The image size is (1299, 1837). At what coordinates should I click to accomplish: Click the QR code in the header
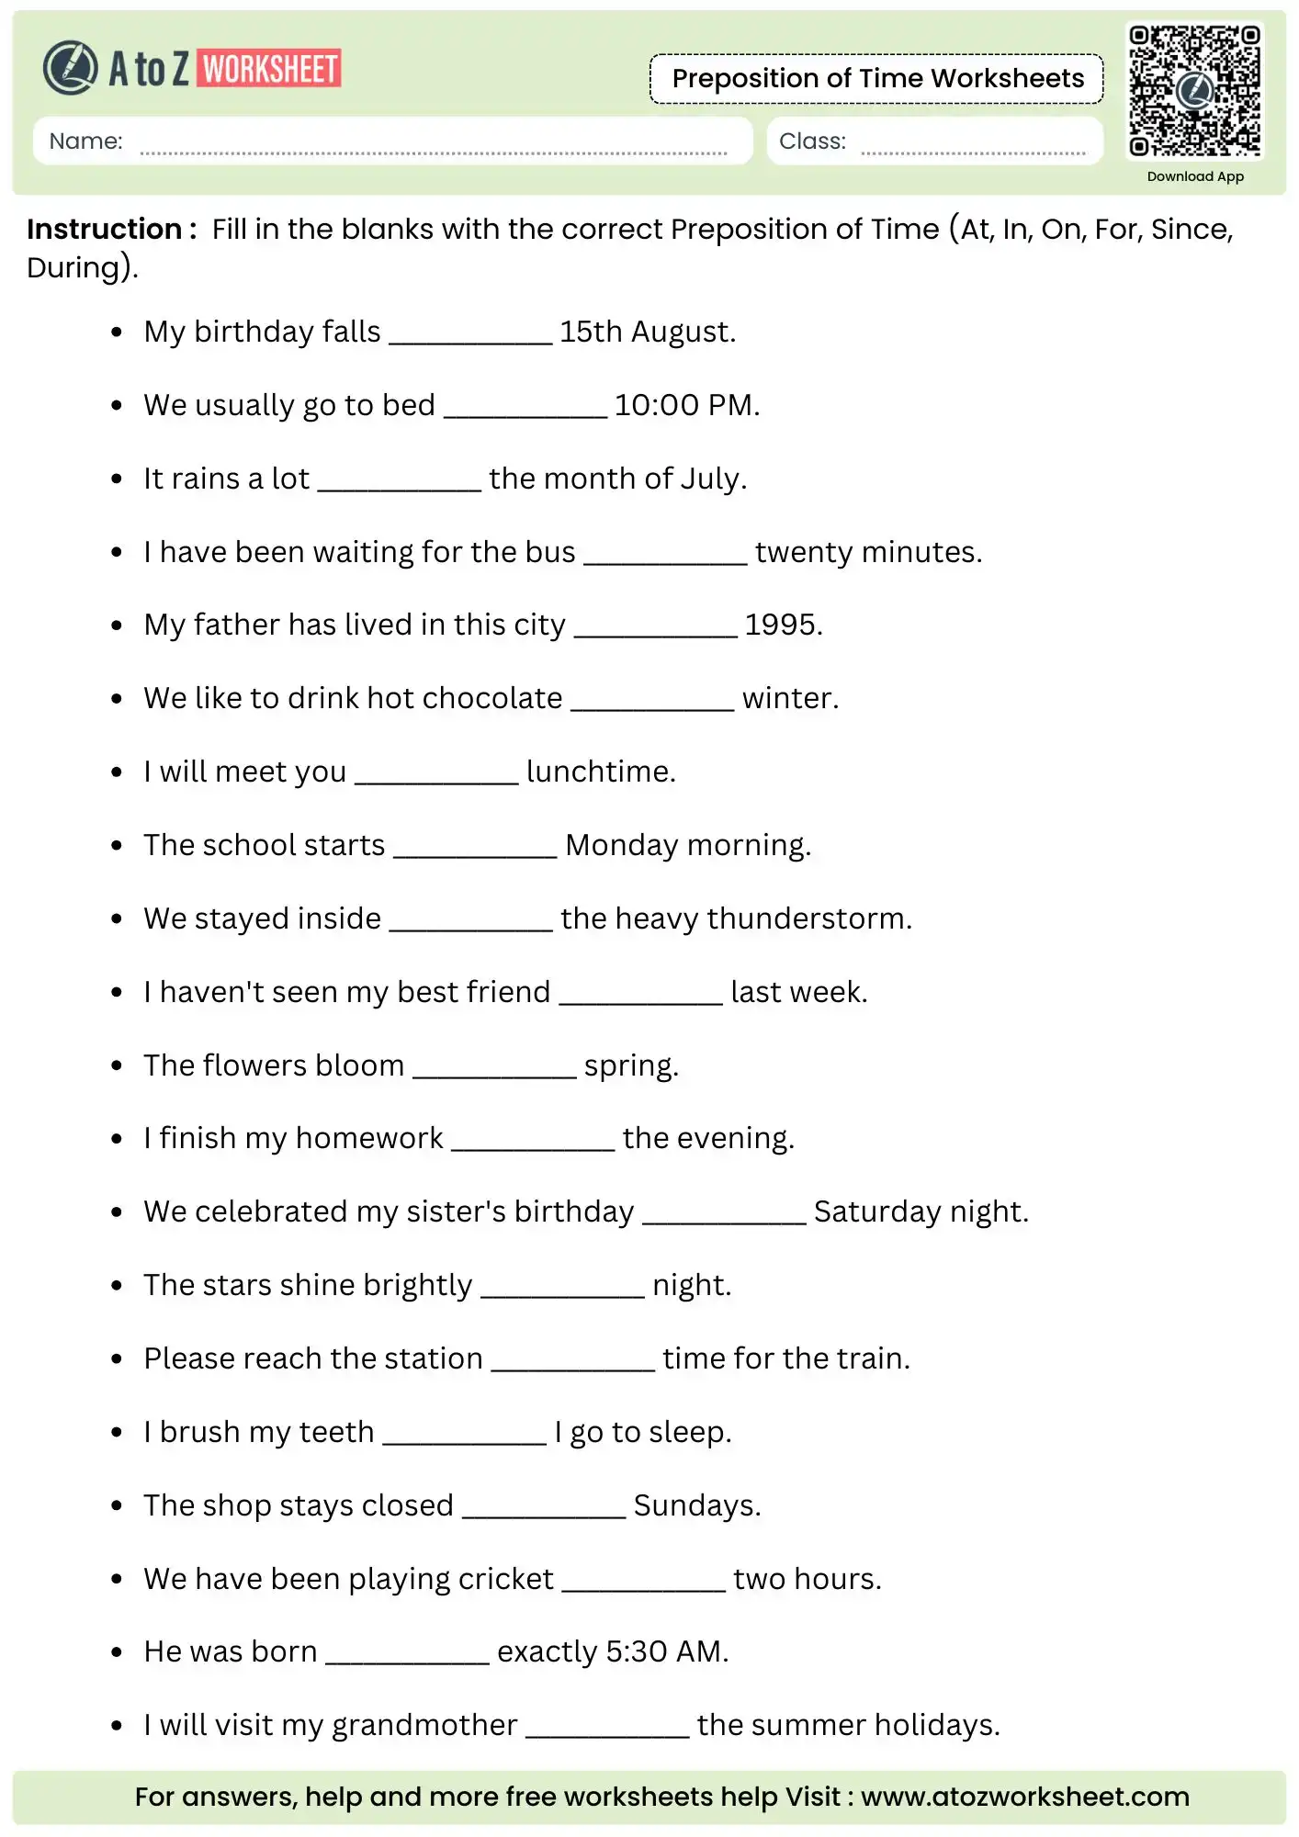click(1194, 90)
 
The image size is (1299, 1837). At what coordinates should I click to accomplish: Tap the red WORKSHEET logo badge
click(270, 69)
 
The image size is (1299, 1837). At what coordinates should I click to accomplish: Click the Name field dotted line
click(433, 152)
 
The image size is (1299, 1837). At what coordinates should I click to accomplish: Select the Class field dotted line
click(973, 152)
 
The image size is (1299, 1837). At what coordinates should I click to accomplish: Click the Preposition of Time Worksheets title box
click(877, 79)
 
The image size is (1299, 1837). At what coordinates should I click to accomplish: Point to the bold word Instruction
click(104, 229)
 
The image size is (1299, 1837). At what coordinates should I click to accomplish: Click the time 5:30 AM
click(666, 1651)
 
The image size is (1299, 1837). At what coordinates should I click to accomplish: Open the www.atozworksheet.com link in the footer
click(1024, 1797)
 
